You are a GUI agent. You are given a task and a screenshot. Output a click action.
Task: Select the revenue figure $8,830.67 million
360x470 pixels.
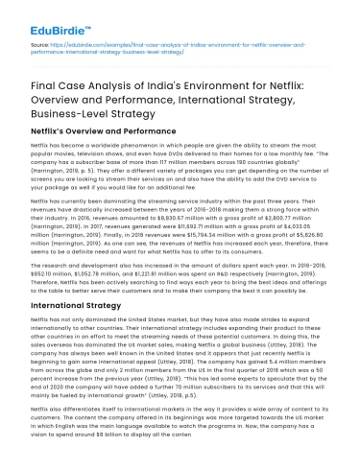[x=150, y=218]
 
